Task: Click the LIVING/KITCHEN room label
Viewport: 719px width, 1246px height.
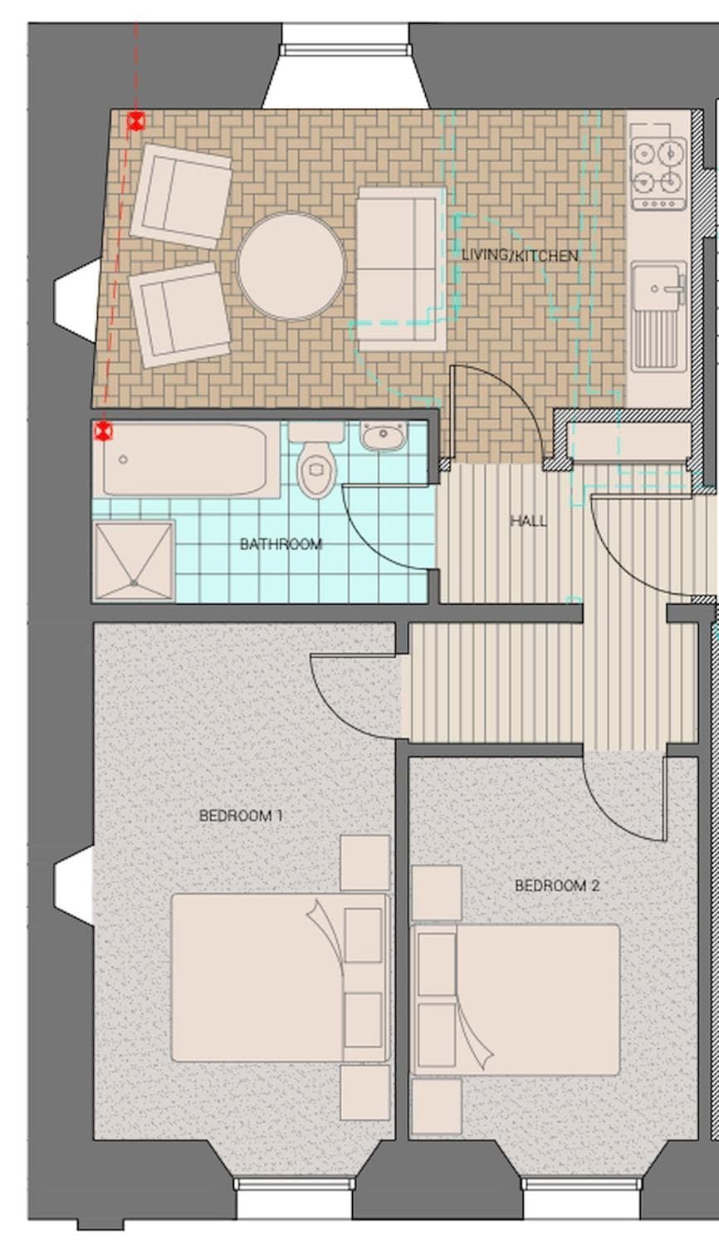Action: (x=520, y=256)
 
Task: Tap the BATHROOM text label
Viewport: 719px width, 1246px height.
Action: (x=281, y=544)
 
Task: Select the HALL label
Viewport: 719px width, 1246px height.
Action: (x=528, y=521)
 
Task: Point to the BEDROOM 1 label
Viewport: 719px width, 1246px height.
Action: (x=241, y=816)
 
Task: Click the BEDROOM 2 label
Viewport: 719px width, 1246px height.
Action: (x=557, y=885)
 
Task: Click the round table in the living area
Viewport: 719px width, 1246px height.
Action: (x=291, y=266)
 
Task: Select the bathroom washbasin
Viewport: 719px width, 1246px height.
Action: (x=383, y=435)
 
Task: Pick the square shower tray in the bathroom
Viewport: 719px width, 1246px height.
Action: (x=134, y=562)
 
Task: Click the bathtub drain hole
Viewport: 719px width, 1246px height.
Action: (x=123, y=459)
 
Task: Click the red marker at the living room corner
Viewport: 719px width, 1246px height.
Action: (x=136, y=120)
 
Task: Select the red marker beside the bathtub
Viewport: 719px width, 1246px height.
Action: (x=103, y=431)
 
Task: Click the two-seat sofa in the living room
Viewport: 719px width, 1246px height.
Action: (x=402, y=269)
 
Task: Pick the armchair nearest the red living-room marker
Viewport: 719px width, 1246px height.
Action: (x=181, y=196)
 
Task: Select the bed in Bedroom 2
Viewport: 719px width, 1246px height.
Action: (x=516, y=999)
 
